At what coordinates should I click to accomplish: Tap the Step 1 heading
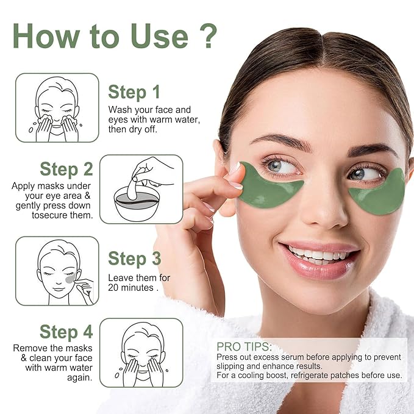tap(134, 92)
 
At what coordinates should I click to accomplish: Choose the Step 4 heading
tap(66, 332)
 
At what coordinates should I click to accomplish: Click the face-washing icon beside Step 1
tap(57, 107)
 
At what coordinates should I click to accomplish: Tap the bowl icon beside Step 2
tap(141, 189)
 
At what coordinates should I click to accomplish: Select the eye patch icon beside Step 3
tap(57, 271)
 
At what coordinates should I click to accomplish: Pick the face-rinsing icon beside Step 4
tap(141, 354)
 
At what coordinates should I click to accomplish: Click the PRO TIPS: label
tap(244, 346)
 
